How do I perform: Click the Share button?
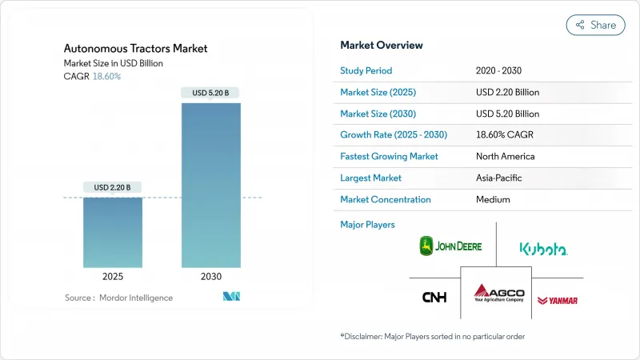[596, 25]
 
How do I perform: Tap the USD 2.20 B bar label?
[113, 187]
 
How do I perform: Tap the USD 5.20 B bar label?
[211, 93]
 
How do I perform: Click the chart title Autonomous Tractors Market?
[135, 48]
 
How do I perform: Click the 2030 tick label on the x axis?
[211, 276]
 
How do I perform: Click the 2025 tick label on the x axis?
[113, 276]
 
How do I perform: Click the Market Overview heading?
[382, 45]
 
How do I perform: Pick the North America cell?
[505, 156]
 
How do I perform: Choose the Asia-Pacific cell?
[502, 178]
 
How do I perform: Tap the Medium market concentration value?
[493, 199]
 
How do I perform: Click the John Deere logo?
[450, 246]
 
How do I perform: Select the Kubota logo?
[543, 249]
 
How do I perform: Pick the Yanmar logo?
[558, 300]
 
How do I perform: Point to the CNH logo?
[434, 298]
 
